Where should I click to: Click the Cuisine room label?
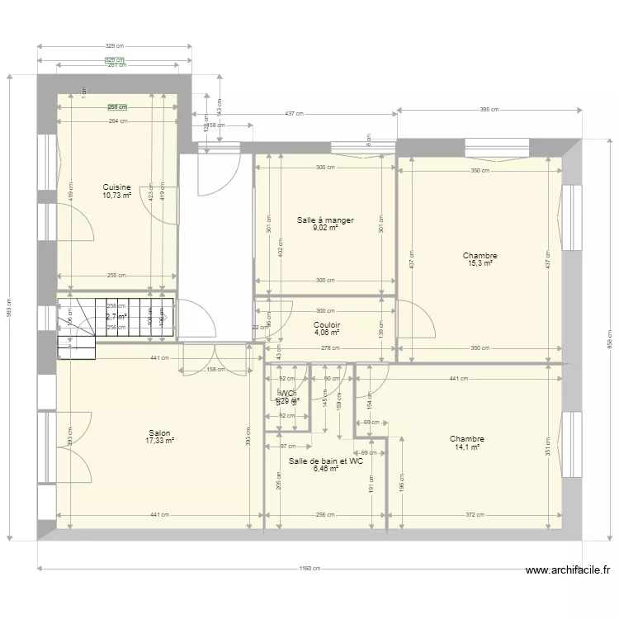click(117, 187)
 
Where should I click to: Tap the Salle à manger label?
click(325, 220)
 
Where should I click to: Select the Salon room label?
click(159, 433)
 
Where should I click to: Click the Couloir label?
click(327, 325)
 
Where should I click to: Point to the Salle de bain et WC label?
click(326, 461)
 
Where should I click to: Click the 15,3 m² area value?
click(480, 263)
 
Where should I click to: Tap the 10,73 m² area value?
click(117, 196)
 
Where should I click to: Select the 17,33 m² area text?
click(159, 441)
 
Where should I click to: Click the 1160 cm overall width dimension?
click(311, 569)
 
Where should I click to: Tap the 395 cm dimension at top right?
click(491, 109)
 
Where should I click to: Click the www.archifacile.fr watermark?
click(569, 569)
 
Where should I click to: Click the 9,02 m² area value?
click(325, 228)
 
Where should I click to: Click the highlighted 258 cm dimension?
click(116, 106)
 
